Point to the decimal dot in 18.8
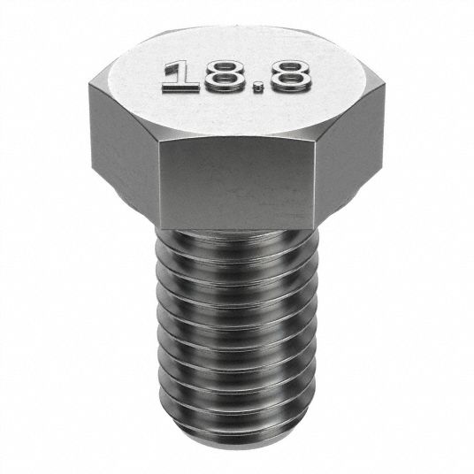[x=258, y=88]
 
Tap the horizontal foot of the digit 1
[x=180, y=87]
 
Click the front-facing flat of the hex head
[x=237, y=185]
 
